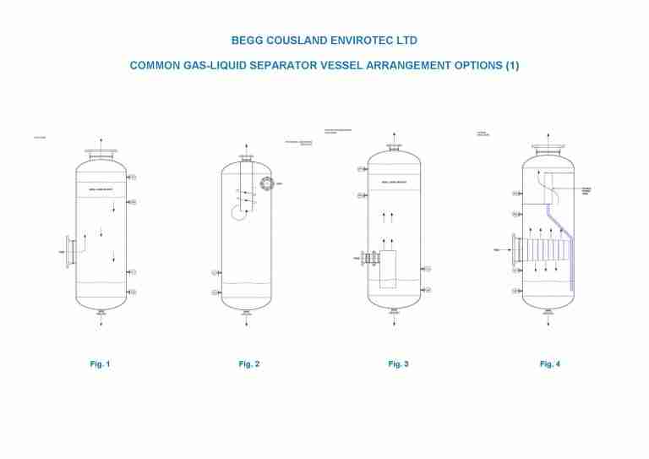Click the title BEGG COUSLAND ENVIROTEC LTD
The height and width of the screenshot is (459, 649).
pos(324,40)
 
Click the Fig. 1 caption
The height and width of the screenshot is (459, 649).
pos(100,364)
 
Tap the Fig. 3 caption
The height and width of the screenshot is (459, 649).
pos(398,364)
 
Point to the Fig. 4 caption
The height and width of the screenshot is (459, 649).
pos(549,364)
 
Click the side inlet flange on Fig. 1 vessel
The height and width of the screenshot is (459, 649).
pos(68,252)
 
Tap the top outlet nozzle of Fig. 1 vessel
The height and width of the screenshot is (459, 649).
pos(101,154)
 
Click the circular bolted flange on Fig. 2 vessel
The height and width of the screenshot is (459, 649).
pos(267,184)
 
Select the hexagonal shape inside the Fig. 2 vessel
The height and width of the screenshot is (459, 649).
pos(239,212)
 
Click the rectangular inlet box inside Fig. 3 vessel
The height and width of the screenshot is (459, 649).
pos(388,269)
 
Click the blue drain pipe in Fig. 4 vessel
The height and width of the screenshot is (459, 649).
pos(570,254)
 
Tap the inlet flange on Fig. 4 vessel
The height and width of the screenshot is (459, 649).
pos(514,251)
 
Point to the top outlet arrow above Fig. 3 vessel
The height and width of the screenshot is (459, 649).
pos(394,137)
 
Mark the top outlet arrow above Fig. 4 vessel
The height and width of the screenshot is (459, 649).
pos(548,137)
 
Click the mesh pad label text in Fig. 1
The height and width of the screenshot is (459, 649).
pos(101,190)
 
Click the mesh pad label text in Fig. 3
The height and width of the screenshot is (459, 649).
pos(394,183)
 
